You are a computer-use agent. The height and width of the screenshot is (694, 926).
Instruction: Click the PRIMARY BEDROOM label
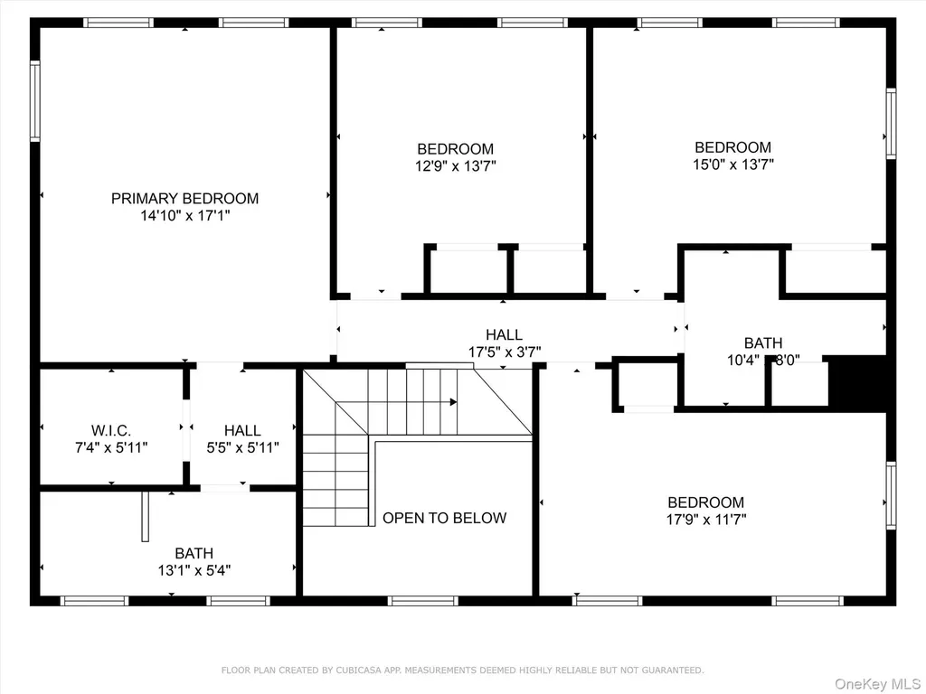pyautogui.click(x=184, y=198)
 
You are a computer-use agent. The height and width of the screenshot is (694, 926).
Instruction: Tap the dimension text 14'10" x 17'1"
pyautogui.click(x=184, y=215)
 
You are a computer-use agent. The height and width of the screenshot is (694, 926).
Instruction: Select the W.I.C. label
pyautogui.click(x=111, y=430)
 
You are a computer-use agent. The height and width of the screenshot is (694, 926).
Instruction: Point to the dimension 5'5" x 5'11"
pyautogui.click(x=242, y=447)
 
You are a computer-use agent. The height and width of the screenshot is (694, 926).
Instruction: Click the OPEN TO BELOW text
pyautogui.click(x=445, y=518)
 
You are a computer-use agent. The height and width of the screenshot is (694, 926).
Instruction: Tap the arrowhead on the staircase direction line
pyautogui.click(x=454, y=402)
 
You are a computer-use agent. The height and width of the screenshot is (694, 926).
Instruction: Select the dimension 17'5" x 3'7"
pyautogui.click(x=505, y=352)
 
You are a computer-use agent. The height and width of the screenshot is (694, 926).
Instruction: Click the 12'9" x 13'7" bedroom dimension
pyautogui.click(x=456, y=166)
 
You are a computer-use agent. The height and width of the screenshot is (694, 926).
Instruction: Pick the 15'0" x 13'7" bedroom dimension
pyautogui.click(x=732, y=164)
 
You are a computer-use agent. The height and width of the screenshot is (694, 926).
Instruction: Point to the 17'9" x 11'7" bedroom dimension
pyautogui.click(x=706, y=520)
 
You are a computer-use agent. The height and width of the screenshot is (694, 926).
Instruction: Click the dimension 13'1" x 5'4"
pyautogui.click(x=194, y=570)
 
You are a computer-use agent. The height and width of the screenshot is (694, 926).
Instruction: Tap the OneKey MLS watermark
pyautogui.click(x=877, y=684)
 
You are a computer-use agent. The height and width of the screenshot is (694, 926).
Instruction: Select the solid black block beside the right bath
pyautogui.click(x=857, y=382)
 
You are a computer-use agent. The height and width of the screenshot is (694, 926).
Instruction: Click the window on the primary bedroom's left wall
pyautogui.click(x=35, y=101)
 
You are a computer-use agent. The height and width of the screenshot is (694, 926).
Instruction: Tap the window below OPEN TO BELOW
pyautogui.click(x=423, y=601)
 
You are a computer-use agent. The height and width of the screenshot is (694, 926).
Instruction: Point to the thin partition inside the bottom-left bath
pyautogui.click(x=146, y=516)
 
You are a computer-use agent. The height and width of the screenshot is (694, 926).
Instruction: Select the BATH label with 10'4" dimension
pyautogui.click(x=763, y=342)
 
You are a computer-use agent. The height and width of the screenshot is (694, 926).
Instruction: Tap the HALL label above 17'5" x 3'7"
pyautogui.click(x=504, y=334)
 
